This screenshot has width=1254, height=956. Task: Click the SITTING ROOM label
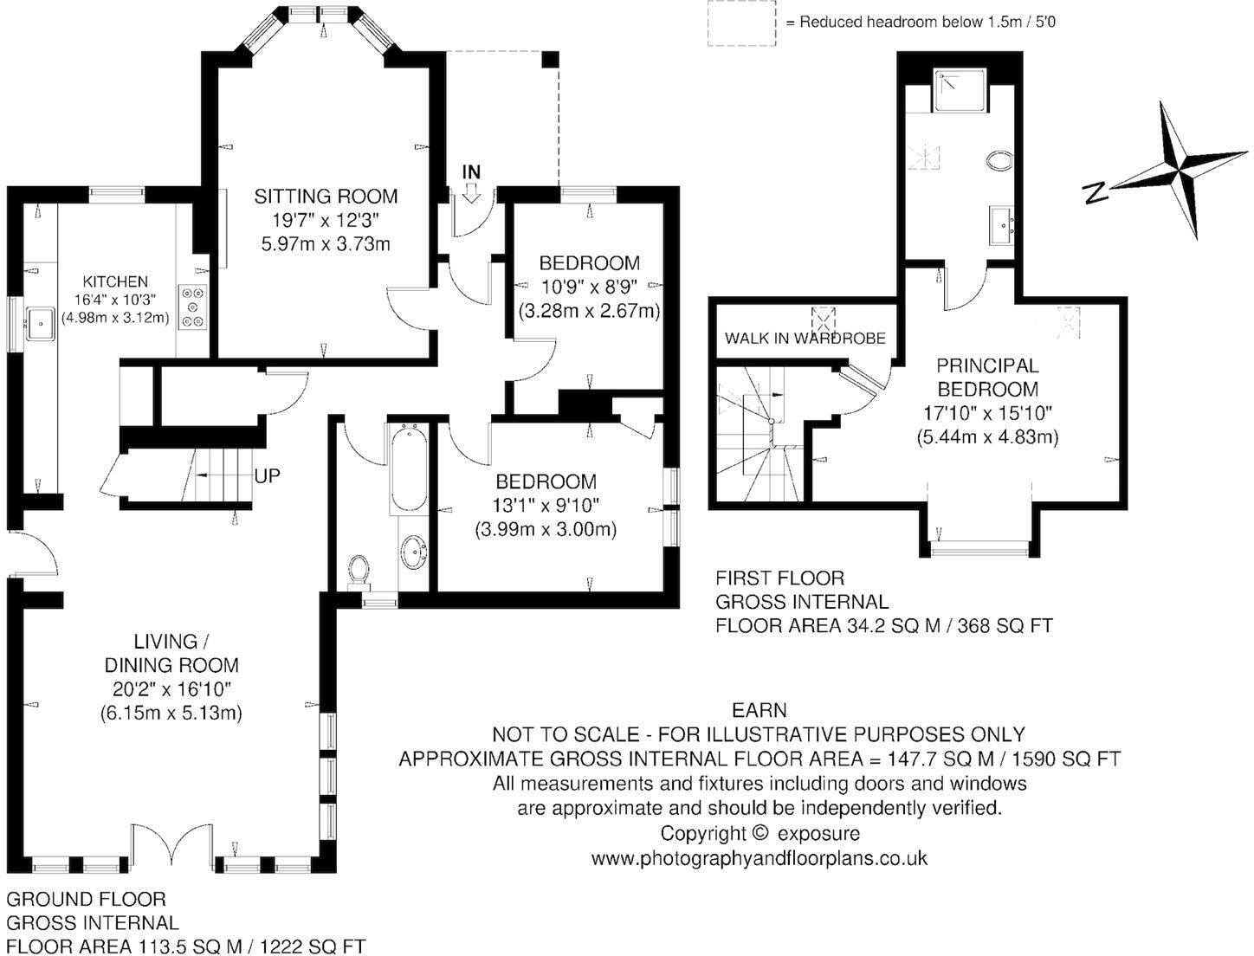[325, 197]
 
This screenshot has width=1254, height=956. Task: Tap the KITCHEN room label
[115, 281]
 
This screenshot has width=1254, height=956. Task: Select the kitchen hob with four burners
[192, 307]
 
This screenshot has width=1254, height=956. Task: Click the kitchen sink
[41, 324]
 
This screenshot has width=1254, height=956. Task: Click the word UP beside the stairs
[268, 475]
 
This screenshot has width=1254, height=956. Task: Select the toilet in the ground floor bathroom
[358, 571]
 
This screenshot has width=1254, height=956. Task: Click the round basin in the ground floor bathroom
[414, 552]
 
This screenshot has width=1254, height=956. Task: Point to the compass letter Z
[1096, 193]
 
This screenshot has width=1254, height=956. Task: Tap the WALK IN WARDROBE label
[805, 338]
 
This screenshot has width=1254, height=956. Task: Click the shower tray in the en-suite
[959, 91]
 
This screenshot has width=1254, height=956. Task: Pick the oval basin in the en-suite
[999, 161]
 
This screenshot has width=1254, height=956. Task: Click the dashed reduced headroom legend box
[742, 22]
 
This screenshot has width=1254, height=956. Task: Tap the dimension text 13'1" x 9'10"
[546, 505]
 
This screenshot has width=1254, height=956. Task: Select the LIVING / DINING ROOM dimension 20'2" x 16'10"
[171, 689]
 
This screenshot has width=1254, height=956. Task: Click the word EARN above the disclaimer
[759, 710]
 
